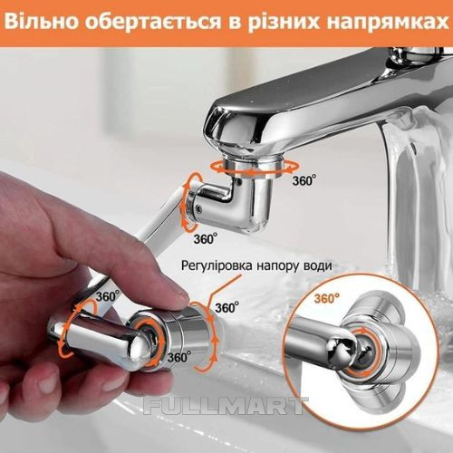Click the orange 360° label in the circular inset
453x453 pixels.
327,299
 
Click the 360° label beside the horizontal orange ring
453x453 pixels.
304,180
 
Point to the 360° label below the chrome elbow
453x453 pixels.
206,239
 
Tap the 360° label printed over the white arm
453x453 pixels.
108,296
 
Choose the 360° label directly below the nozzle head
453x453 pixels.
179,357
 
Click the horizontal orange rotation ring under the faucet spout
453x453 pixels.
255,168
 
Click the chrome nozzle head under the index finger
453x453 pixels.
175,335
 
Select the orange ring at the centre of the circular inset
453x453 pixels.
361,353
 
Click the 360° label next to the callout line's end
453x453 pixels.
227,307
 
